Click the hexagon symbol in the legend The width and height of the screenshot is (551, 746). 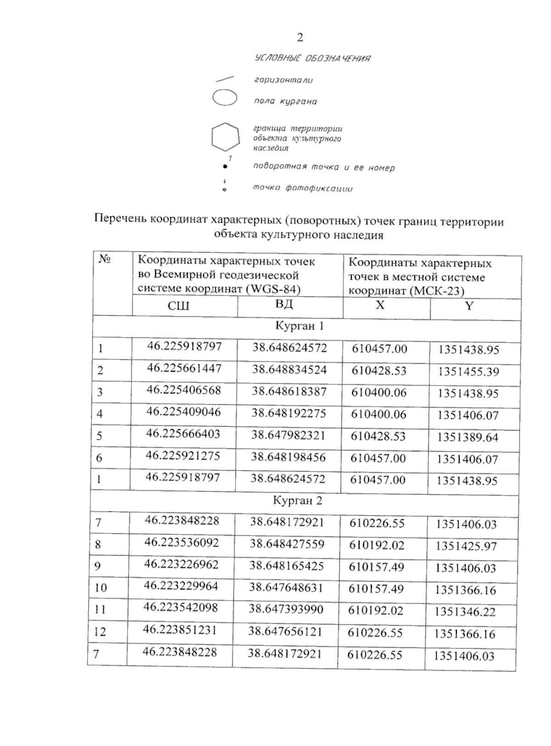[225, 137]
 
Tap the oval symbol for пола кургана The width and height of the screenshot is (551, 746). [225, 98]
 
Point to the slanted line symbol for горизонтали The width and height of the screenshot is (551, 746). [225, 79]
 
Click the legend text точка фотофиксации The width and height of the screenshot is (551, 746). [303, 188]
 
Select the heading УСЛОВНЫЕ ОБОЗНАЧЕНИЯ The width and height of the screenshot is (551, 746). [312, 58]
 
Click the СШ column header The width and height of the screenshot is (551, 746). [178, 306]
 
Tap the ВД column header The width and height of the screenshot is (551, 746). [285, 304]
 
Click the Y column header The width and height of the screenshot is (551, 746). [468, 306]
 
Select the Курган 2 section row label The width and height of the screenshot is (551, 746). [298, 500]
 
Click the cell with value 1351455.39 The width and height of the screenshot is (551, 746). [468, 371]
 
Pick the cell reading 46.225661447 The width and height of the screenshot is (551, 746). [184, 368]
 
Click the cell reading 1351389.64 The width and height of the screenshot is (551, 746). [467, 438]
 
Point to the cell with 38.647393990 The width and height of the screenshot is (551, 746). [286, 609]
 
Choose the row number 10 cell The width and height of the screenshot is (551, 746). [101, 588]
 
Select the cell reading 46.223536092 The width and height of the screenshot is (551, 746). [181, 543]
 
